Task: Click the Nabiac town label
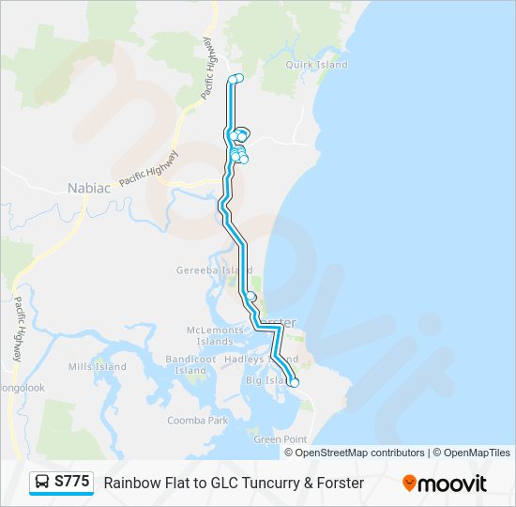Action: pyautogui.click(x=89, y=188)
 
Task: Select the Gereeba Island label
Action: pyautogui.click(x=202, y=270)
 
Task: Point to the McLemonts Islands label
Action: pyautogui.click(x=215, y=335)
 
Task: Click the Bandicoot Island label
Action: pyautogui.click(x=190, y=364)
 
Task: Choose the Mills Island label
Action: pyautogui.click(x=97, y=366)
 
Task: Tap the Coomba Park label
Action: pyautogui.click(x=198, y=421)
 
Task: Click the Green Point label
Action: pyautogui.click(x=280, y=438)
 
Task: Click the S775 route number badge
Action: pyautogui.click(x=72, y=483)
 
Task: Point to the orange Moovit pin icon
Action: pyautogui.click(x=409, y=484)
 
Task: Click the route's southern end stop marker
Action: pyautogui.click(x=294, y=382)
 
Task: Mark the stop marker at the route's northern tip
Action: pyautogui.click(x=235, y=79)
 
